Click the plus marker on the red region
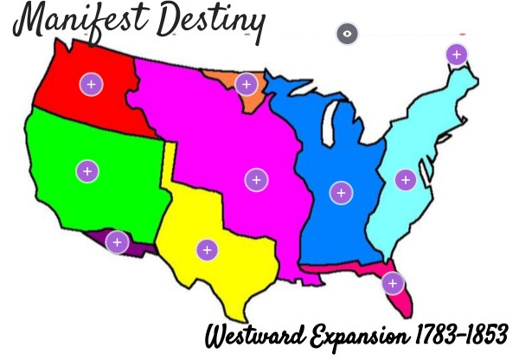coord(91,84)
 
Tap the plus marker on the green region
coord(86,170)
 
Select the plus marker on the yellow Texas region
coord(207,250)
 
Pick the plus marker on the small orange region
coord(247,84)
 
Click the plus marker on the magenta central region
coord(255,180)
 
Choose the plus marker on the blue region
coord(341,192)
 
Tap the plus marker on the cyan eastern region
coord(405,180)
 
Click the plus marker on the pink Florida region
coord(393,283)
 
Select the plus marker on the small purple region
coord(118,241)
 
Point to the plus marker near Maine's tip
coord(456,55)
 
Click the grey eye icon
coord(348,35)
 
